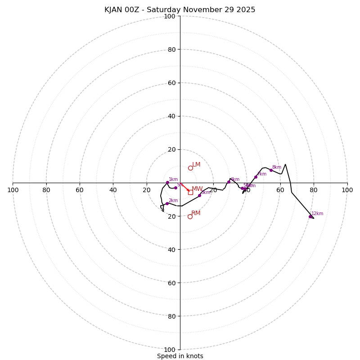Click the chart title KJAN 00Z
180,10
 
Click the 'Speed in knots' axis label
180,356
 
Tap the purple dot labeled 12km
310,216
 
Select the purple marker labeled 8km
271,170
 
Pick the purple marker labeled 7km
256,177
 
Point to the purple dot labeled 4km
229,182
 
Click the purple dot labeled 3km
199,195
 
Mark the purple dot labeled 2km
167,203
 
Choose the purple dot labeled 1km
167,182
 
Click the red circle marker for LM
190,168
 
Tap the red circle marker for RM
190,216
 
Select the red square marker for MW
190,192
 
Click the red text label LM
196,165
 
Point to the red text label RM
196,213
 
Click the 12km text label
317,214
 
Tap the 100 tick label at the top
170,16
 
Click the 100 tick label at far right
347,190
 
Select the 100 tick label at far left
13,190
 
